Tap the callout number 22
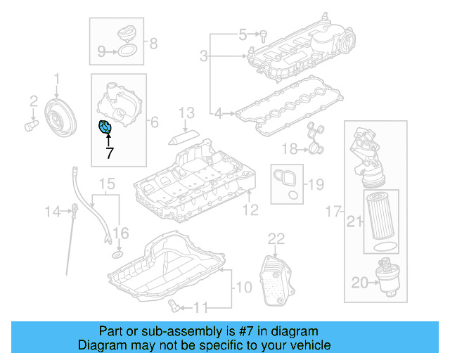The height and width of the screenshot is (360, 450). point(276,238)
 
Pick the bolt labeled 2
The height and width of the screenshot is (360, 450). point(31,127)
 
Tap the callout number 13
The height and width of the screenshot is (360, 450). point(186,112)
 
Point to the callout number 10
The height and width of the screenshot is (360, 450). point(242,287)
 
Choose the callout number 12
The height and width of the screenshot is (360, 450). point(250,210)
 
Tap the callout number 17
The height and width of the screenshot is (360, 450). point(333,210)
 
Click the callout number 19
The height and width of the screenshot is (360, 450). point(316,185)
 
